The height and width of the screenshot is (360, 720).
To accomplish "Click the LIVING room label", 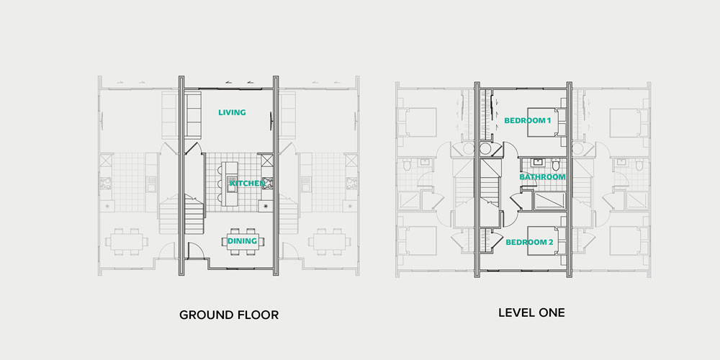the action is [232, 112].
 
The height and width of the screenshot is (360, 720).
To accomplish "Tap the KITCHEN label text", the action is [248, 184].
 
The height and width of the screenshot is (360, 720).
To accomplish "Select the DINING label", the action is [242, 240].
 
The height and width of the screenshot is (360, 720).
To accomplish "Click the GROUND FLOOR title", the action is [229, 315].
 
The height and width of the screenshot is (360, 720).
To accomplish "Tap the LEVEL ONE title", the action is [532, 313].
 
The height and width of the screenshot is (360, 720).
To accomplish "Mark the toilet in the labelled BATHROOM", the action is [556, 164].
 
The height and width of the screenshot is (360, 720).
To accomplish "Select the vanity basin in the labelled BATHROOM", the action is [536, 162].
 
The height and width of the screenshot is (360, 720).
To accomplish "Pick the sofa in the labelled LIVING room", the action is [193, 115].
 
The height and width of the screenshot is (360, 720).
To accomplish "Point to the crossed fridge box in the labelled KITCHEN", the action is [267, 160].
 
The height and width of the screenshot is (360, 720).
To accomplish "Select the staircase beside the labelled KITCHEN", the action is [194, 214].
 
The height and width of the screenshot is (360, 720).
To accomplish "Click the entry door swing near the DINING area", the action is [195, 251].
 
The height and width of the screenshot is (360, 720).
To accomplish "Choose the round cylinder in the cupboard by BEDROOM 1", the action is [485, 149].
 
